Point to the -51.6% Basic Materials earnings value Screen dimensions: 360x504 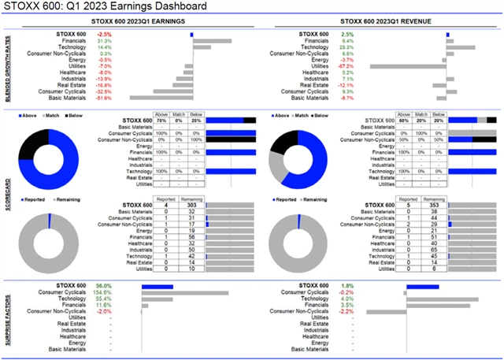pos(104,98)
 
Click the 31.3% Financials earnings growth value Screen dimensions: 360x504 pos(104,41)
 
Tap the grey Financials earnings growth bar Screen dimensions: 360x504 pos(212,41)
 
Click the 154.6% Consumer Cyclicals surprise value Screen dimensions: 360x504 pos(103,292)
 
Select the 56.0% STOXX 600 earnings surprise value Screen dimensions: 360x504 pos(104,286)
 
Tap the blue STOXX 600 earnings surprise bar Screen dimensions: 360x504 pos(157,286)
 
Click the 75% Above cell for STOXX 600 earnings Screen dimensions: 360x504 pos(161,119)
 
